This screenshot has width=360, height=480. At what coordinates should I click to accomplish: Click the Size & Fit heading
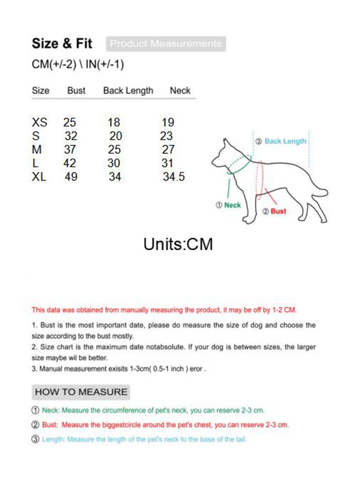tap(62, 44)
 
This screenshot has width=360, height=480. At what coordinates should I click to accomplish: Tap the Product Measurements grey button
tap(166, 44)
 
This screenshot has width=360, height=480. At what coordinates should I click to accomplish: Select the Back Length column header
tap(128, 91)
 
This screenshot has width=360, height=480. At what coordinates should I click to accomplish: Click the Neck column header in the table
tap(180, 91)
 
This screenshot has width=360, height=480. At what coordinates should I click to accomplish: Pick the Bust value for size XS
tap(70, 123)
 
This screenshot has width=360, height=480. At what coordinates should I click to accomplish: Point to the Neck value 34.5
tap(174, 177)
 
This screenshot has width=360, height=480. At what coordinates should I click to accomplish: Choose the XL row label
tap(39, 177)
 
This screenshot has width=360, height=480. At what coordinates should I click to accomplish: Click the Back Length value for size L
tap(114, 163)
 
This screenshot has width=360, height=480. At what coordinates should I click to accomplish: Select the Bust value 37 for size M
tap(70, 150)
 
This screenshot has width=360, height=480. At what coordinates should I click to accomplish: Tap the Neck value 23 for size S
tap(166, 136)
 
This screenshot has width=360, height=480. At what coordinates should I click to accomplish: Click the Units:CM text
tap(178, 244)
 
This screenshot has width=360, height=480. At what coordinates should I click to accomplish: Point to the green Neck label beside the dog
tap(232, 205)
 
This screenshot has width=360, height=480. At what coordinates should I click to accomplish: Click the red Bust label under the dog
tap(278, 211)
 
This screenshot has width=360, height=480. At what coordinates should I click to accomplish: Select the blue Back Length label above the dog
tap(285, 141)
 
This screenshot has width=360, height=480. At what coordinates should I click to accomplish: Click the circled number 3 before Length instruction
tap(35, 439)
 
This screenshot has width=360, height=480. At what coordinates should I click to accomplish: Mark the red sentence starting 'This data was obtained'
tap(164, 310)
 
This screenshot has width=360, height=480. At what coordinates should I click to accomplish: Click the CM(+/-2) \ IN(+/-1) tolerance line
tap(78, 65)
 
